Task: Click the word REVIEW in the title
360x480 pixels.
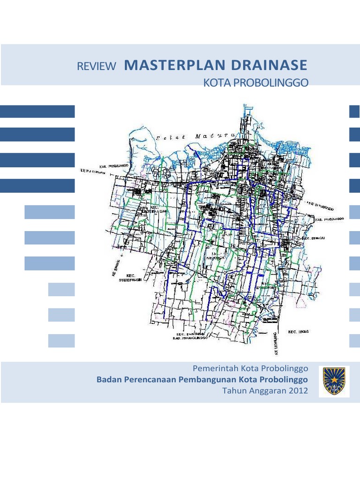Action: coord(96,67)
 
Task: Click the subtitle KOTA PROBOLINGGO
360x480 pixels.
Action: coord(255,83)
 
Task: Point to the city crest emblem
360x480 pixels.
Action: coord(334,381)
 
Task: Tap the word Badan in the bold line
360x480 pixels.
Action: coord(109,379)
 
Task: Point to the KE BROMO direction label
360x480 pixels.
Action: coord(115,272)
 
